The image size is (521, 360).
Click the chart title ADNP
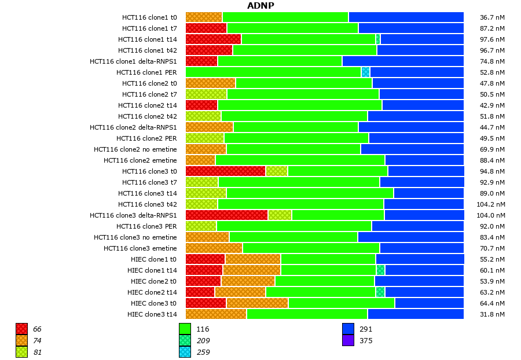click(x=260, y=6)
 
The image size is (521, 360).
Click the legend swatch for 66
click(x=22, y=329)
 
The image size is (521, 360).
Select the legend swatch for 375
click(x=348, y=340)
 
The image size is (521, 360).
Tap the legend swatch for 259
click(x=185, y=352)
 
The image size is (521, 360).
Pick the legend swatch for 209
click(x=185, y=340)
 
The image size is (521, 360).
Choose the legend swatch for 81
click(x=22, y=352)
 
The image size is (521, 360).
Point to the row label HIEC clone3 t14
click(x=152, y=314)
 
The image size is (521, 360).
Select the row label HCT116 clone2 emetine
click(x=140, y=160)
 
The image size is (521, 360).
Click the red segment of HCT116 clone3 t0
click(x=225, y=171)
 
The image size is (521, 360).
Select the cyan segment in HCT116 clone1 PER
click(x=365, y=72)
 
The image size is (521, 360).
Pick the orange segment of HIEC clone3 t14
click(x=216, y=314)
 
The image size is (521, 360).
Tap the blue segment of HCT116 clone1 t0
click(x=406, y=17)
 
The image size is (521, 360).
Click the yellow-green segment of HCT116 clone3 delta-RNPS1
click(x=280, y=215)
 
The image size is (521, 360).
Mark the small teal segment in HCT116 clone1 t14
click(x=378, y=39)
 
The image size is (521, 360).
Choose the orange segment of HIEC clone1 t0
click(x=253, y=259)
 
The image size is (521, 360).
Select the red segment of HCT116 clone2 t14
click(x=201, y=105)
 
